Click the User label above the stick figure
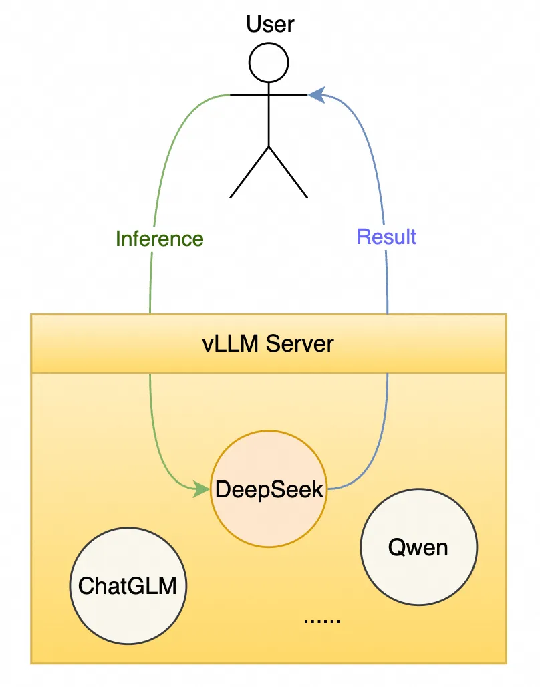270,25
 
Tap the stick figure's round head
269,63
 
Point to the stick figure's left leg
249,172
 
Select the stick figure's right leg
288,172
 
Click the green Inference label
160,239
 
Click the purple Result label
386,237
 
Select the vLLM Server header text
268,344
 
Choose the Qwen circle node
418,547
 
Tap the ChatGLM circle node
128,586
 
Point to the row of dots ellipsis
322,620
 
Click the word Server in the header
299,344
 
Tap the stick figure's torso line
269,120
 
